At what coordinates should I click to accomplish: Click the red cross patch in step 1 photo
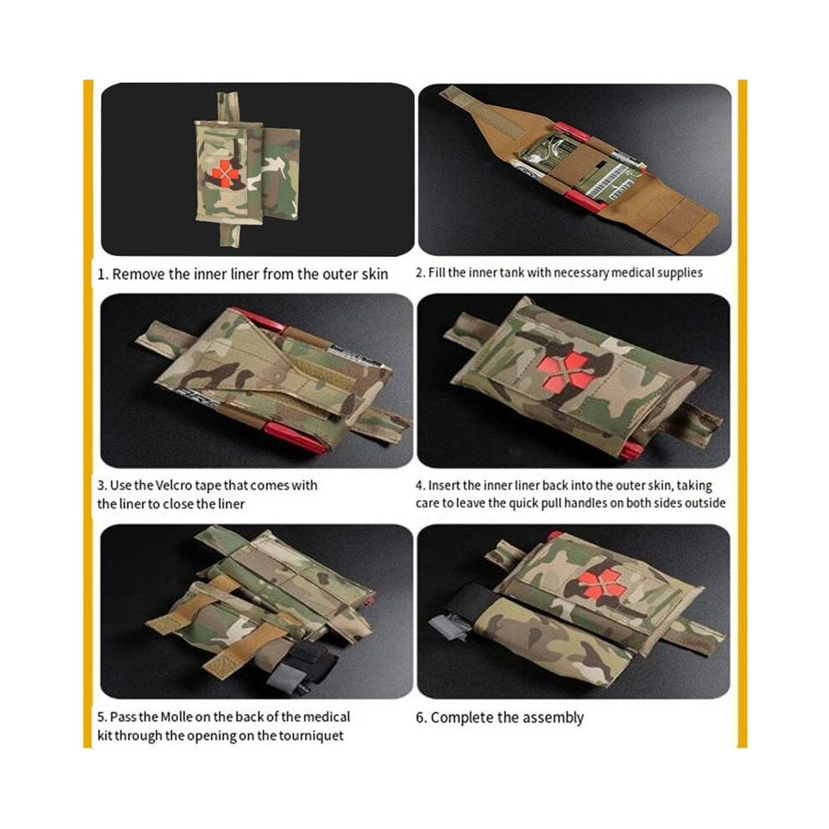coord(225,173)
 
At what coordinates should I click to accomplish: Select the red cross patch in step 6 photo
coord(601,584)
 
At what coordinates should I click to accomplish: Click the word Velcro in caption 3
coord(174,486)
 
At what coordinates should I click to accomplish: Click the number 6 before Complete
coord(420,718)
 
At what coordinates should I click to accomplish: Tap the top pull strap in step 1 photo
coord(228,107)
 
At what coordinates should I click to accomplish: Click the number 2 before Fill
coord(420,273)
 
